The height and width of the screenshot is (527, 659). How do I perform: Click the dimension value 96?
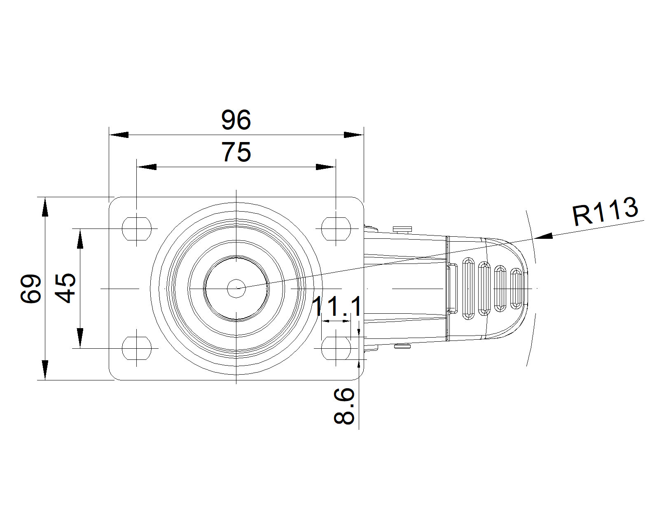(236, 120)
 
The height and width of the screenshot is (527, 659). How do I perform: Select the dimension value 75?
(236, 152)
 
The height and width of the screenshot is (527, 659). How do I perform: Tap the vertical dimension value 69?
(31, 289)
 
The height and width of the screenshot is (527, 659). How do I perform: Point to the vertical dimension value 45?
(65, 288)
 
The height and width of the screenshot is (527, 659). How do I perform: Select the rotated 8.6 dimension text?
(344, 406)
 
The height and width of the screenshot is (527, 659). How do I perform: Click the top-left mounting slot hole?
(137, 229)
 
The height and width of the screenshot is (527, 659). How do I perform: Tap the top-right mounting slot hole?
(336, 229)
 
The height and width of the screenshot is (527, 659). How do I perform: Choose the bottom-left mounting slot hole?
(137, 348)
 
